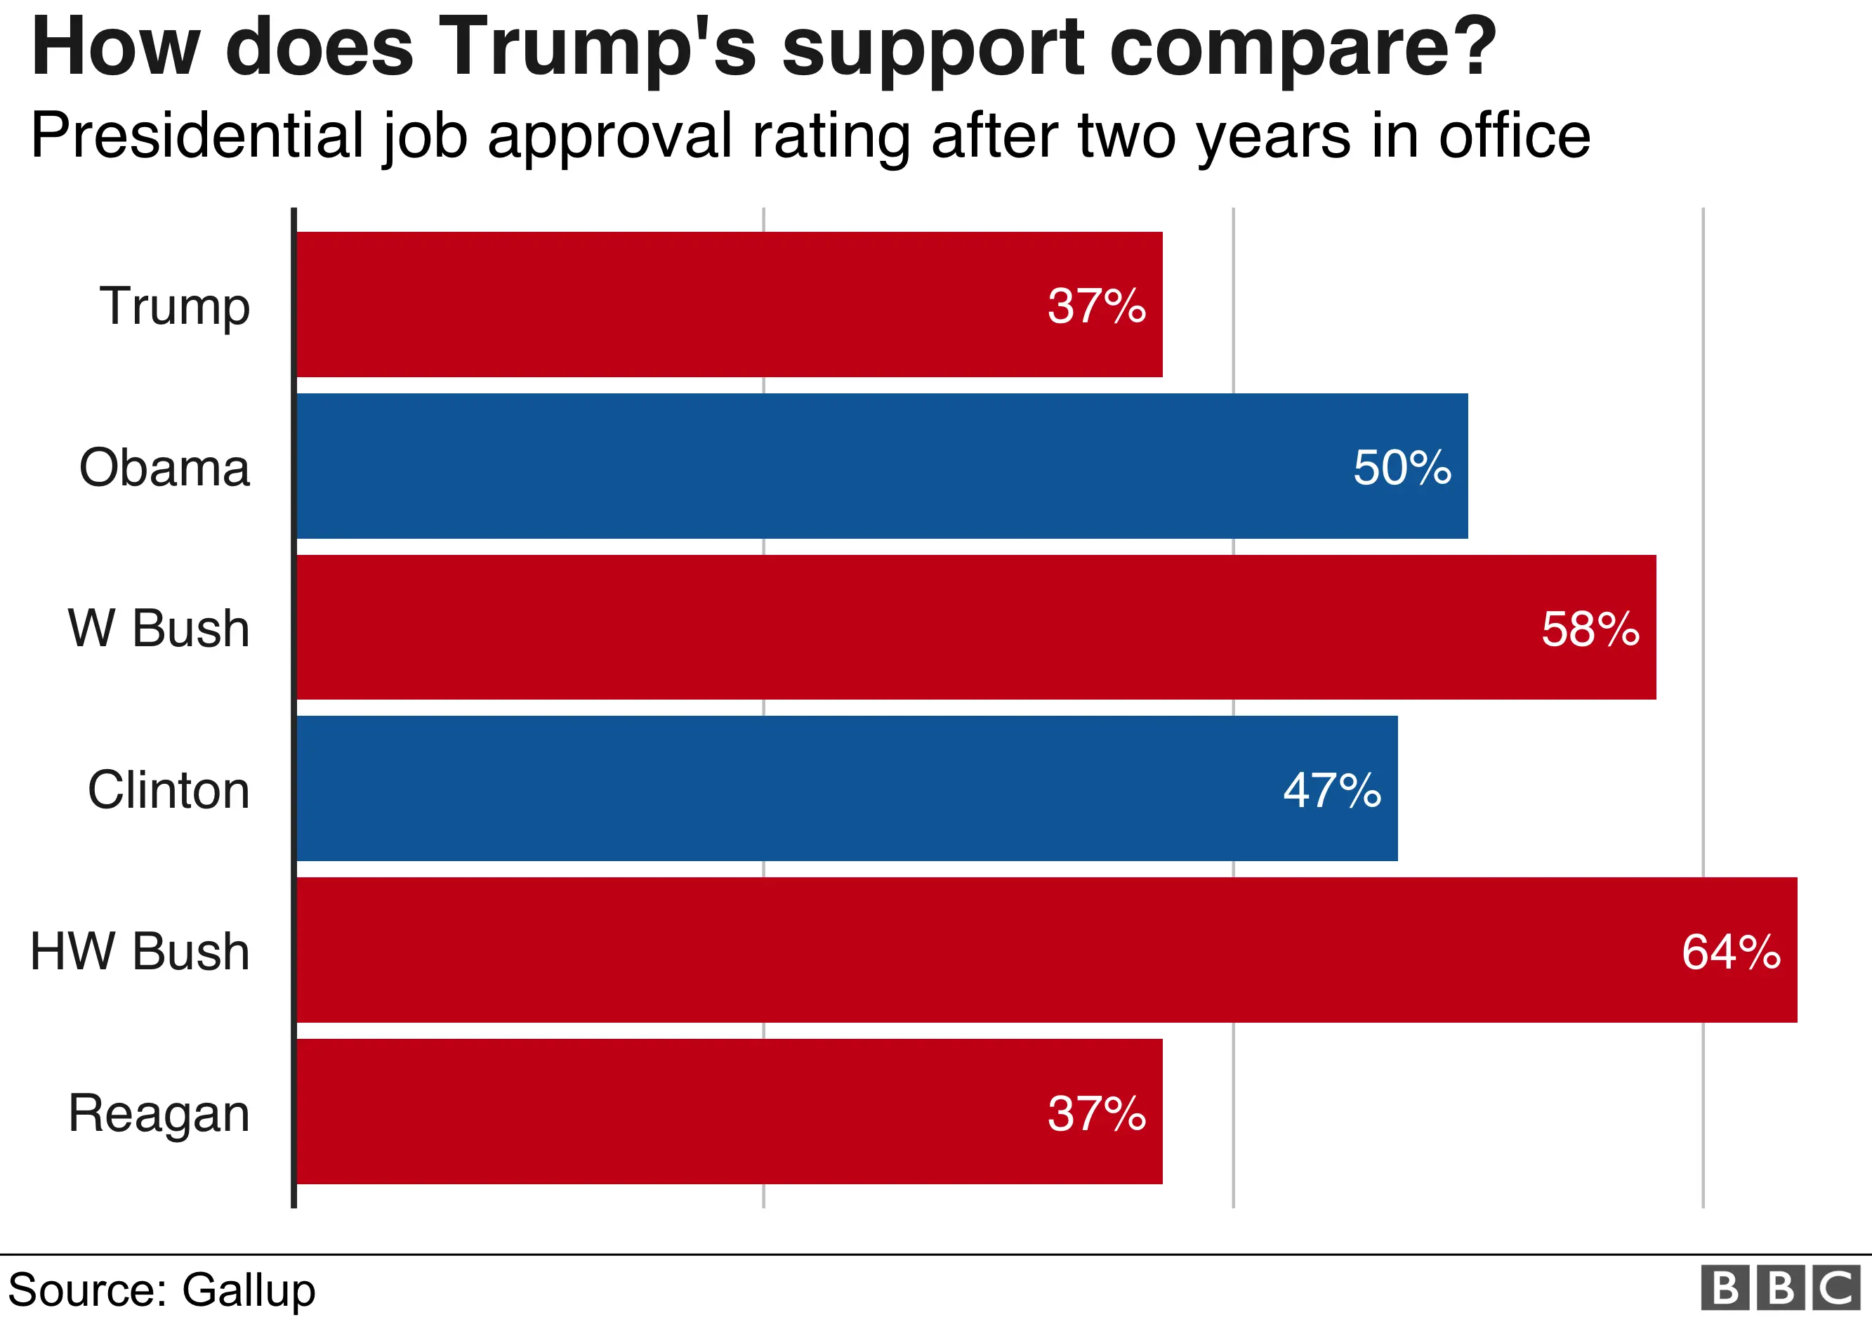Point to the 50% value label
pos(1402,467)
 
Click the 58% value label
pos(1590,629)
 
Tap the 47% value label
pos(1331,790)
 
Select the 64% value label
pos(1730,952)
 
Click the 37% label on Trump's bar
pos(1097,306)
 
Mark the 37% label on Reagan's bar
pos(1097,1113)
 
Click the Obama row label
pos(164,467)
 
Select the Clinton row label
pos(168,790)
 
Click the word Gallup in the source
pos(248,1290)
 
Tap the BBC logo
pos(1781,1288)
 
